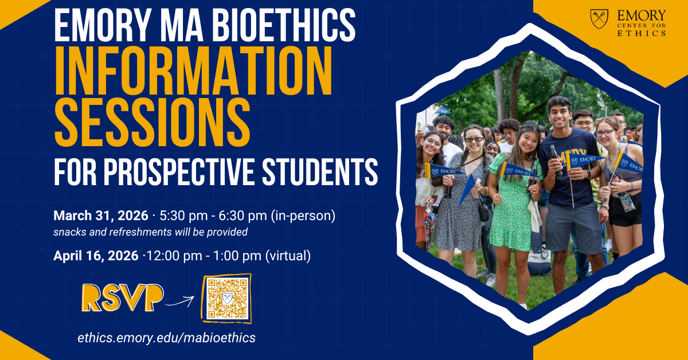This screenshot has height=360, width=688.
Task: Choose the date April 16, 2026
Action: click(96, 256)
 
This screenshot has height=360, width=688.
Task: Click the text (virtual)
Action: click(288, 256)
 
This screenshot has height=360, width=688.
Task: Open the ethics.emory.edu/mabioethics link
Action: click(167, 338)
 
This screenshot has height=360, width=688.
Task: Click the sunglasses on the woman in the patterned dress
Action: click(474, 139)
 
